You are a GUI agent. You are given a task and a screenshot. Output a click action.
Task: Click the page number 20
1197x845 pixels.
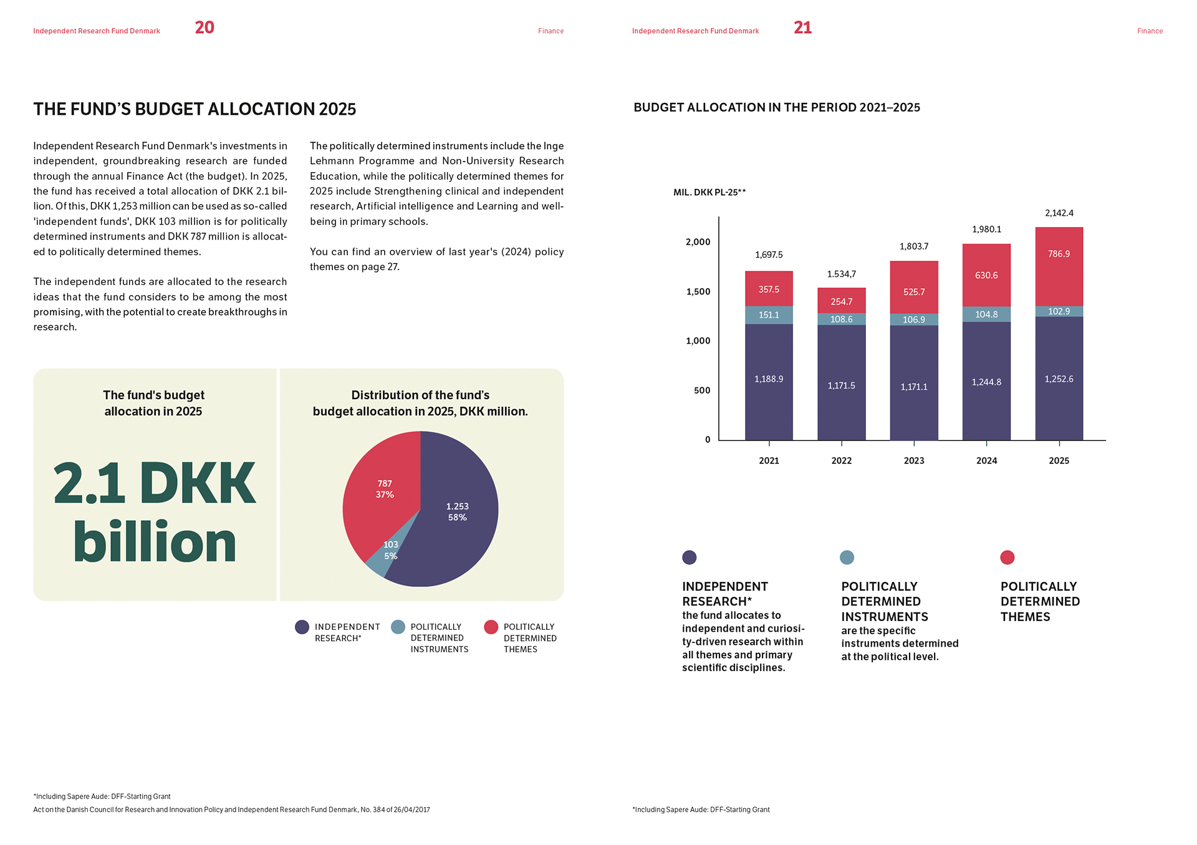point(204,27)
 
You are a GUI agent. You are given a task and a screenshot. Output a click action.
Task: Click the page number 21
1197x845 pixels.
point(802,27)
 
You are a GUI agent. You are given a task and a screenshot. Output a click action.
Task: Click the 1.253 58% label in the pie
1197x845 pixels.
point(457,511)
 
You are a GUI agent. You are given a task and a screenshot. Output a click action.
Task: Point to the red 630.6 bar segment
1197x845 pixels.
point(986,275)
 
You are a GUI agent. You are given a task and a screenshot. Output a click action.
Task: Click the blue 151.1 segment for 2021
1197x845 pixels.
point(769,315)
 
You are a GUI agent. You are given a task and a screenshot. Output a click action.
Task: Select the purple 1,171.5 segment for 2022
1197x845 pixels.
point(841,385)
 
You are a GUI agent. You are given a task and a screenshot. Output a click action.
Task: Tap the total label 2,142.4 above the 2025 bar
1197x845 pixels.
point(1059,213)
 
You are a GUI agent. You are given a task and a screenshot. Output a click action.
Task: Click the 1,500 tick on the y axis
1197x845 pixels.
point(698,292)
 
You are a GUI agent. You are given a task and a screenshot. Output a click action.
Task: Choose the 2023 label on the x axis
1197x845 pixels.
point(914,461)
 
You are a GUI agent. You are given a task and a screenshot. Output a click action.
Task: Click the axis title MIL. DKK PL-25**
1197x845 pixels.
point(709,192)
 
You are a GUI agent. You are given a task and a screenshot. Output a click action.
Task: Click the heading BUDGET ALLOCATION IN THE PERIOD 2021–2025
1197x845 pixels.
point(777,107)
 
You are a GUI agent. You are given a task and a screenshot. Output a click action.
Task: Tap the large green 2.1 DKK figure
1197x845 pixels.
point(155,483)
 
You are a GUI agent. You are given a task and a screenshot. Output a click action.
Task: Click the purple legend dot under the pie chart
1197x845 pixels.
point(302,627)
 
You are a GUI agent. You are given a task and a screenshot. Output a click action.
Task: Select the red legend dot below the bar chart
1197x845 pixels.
point(1007,558)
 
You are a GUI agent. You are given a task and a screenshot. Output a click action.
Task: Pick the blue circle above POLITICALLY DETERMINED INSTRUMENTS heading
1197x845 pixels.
point(847,558)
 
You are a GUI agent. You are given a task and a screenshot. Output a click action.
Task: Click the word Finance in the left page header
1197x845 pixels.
point(550,31)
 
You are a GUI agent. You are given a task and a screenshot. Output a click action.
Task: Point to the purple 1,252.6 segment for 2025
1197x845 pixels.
point(1059,379)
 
